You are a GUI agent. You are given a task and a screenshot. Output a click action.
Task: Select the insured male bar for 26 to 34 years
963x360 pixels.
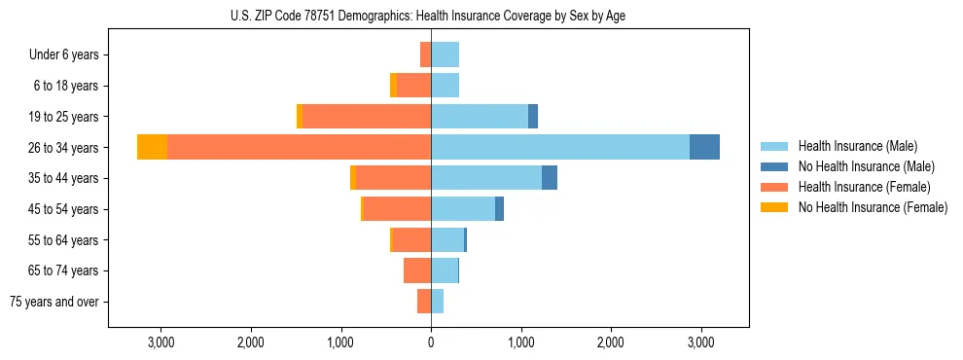[560, 147]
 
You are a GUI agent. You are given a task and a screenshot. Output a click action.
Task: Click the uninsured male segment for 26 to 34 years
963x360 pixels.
[704, 147]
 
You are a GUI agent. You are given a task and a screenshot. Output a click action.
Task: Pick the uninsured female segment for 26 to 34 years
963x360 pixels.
[152, 147]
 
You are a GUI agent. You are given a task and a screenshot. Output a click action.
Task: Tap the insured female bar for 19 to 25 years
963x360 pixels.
[367, 117]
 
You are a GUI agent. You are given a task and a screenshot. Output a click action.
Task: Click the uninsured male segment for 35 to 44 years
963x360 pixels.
[550, 178]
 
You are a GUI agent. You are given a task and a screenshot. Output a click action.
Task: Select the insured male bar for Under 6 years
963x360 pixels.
[445, 54]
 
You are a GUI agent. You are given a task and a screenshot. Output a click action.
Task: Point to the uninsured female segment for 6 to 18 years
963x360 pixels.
[393, 86]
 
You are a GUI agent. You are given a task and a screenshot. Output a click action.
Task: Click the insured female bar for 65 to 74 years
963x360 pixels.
[417, 270]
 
